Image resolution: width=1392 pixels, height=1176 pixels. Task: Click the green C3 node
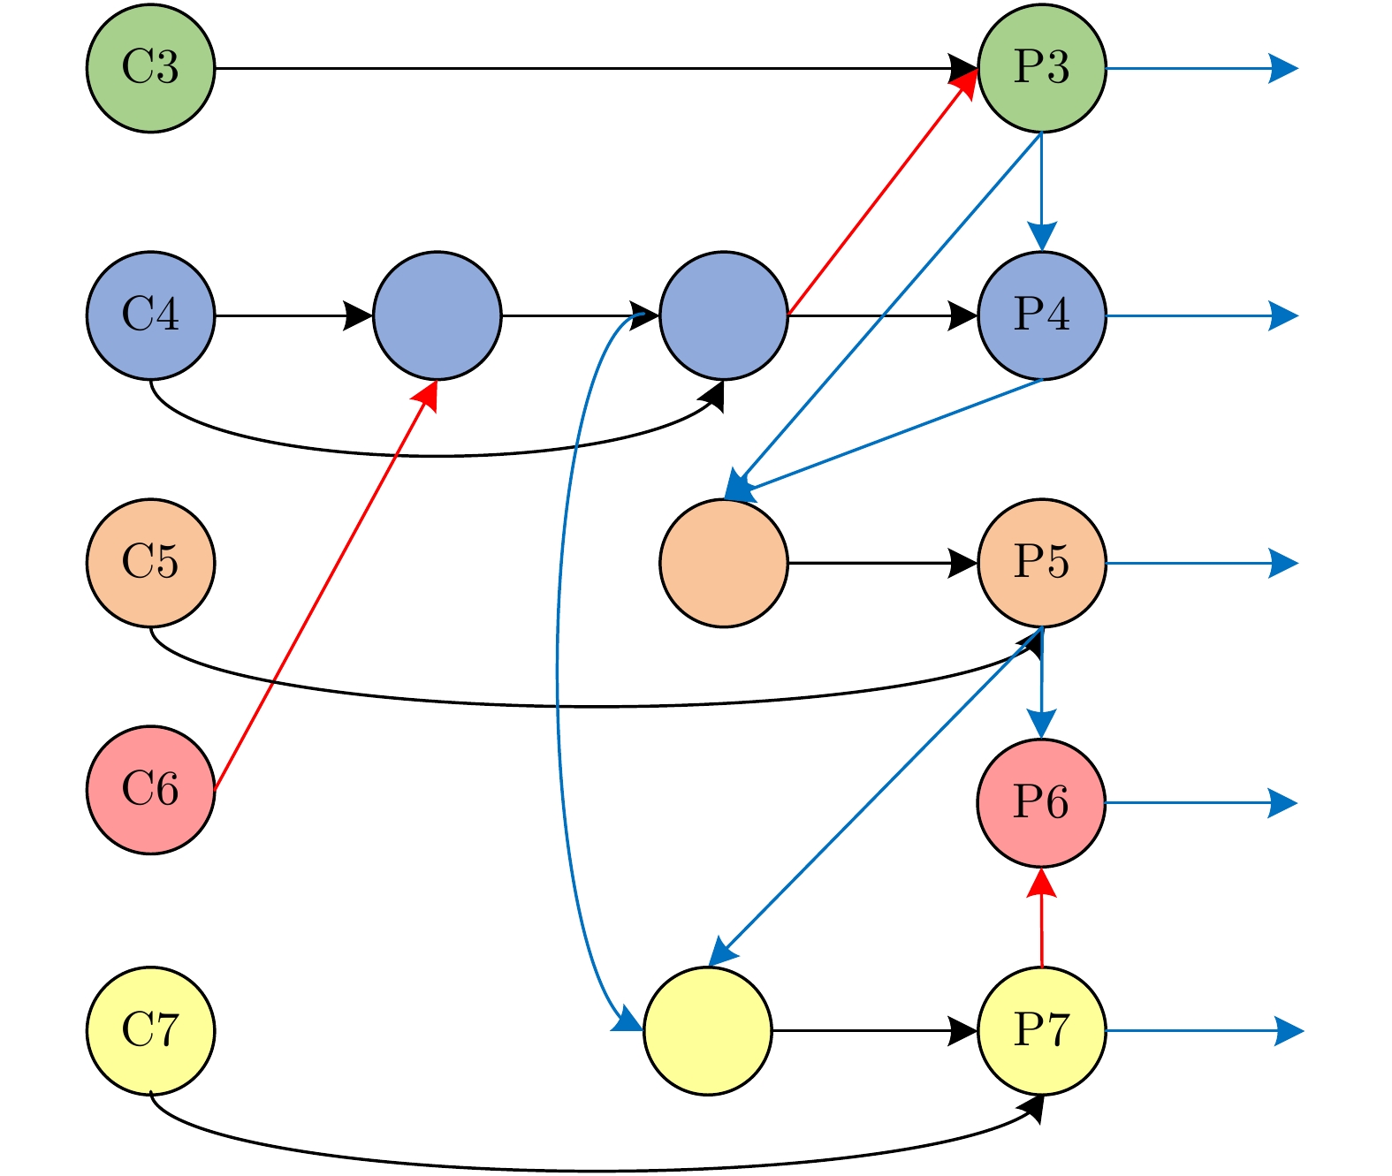150,68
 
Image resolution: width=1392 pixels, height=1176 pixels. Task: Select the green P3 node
1042,68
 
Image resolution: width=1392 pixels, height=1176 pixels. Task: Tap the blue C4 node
150,315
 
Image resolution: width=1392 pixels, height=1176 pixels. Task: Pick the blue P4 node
1042,315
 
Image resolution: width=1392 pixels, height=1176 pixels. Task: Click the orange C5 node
150,563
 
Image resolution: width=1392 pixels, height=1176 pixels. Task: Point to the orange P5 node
1042,563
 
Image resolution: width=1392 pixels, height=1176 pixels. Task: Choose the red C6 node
150,790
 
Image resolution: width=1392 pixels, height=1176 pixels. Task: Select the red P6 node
1042,802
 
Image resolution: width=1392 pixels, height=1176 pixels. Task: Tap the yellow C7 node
150,1030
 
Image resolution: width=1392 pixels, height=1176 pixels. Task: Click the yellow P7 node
1042,1030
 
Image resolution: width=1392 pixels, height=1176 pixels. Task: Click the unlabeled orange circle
724,563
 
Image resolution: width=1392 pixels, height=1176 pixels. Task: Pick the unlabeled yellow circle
708,1030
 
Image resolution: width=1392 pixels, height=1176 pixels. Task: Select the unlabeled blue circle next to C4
437,315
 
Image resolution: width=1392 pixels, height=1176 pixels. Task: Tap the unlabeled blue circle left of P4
724,315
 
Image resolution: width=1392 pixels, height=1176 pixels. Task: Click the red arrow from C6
325,586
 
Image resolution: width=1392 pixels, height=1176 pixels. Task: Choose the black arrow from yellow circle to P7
875,1030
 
